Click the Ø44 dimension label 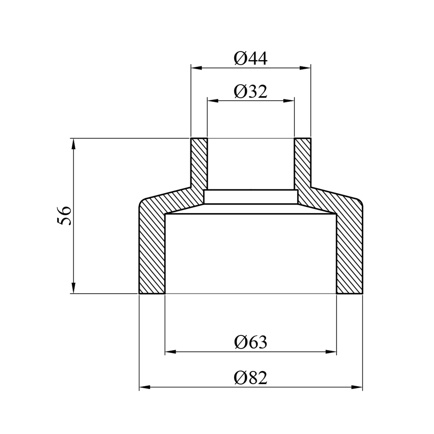coord(251,59)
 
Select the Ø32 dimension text coord(251,92)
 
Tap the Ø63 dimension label coord(251,342)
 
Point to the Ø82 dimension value coord(251,378)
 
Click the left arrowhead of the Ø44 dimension coord(196,68)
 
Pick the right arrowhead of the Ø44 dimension coord(305,68)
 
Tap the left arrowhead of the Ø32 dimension coord(213,101)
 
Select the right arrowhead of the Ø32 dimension coord(289,101)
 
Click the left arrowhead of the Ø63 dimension coord(170,352)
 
